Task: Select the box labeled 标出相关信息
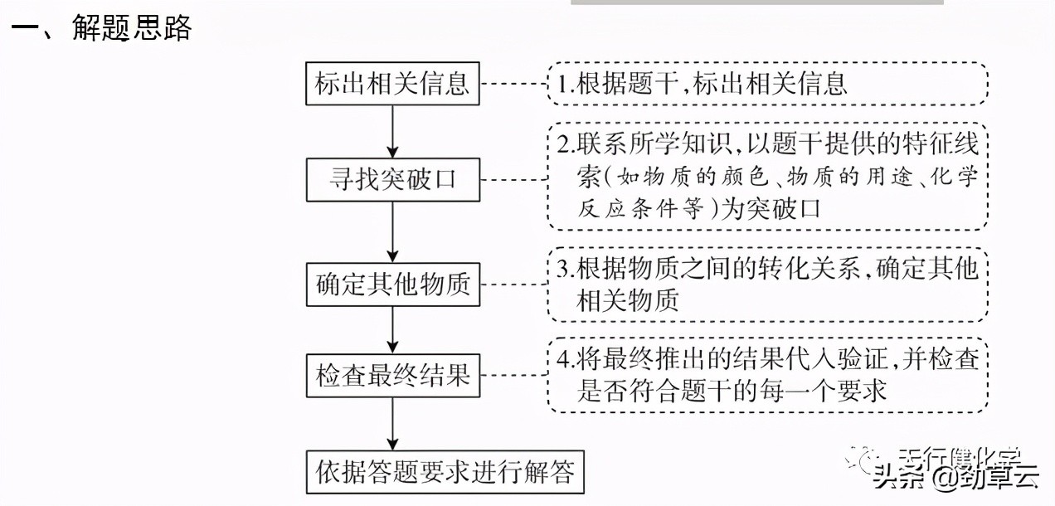click(393, 84)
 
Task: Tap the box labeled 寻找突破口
click(393, 179)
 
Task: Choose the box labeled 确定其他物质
click(393, 285)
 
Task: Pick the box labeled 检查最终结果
click(393, 375)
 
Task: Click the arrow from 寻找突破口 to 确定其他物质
click(393, 232)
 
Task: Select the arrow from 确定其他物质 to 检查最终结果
click(393, 329)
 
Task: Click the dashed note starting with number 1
click(766, 84)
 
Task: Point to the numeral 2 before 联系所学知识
click(562, 144)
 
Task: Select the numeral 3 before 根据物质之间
click(562, 269)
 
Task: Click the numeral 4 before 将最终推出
click(562, 360)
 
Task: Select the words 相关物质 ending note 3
click(627, 299)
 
